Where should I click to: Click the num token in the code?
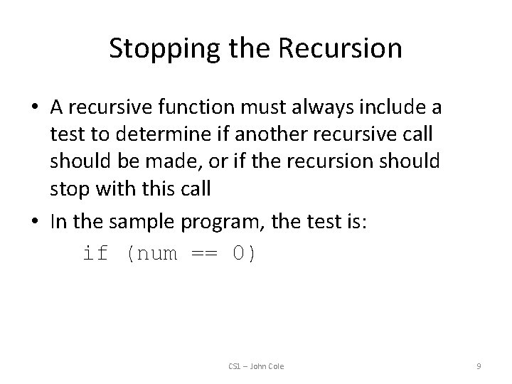[154, 254]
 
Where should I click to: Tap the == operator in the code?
[205, 254]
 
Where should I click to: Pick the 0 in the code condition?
[240, 254]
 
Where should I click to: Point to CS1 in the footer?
[235, 366]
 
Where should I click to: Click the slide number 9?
[479, 366]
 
